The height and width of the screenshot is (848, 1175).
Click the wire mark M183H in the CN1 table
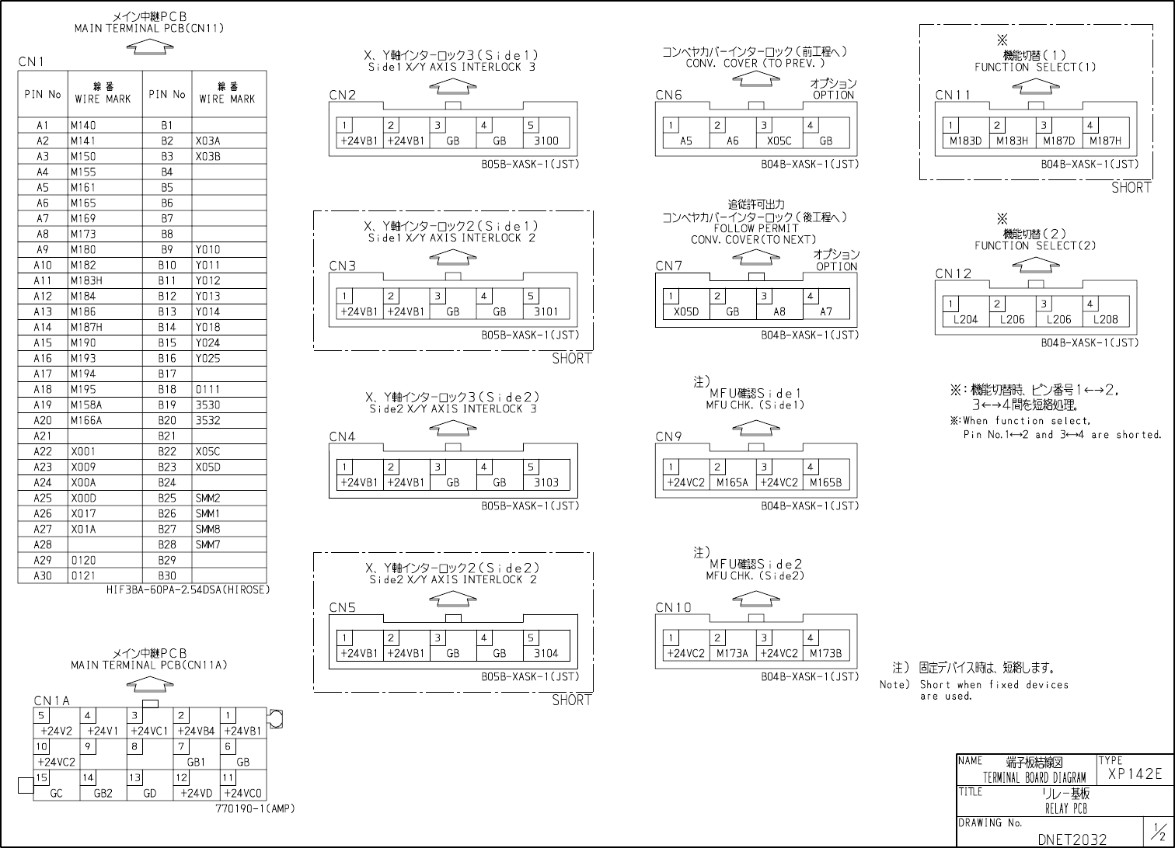pyautogui.click(x=86, y=280)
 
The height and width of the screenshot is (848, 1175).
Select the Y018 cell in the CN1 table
pyautogui.click(x=208, y=327)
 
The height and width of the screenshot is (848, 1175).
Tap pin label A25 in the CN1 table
pyautogui.click(x=43, y=498)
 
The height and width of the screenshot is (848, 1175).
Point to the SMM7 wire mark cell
pyautogui.click(x=208, y=544)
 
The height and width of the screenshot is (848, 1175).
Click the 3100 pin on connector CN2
pyautogui.click(x=546, y=141)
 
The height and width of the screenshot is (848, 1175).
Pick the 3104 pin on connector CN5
pyautogui.click(x=546, y=653)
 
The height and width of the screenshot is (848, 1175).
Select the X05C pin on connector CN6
pyautogui.click(x=779, y=141)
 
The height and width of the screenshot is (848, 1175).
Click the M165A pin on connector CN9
pyautogui.click(x=733, y=482)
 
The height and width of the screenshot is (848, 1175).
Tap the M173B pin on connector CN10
pyautogui.click(x=826, y=653)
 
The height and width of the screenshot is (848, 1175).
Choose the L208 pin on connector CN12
pyautogui.click(x=1106, y=319)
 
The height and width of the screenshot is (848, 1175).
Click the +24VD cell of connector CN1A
pyautogui.click(x=197, y=793)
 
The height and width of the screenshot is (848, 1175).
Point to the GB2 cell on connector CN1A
pyautogui.click(x=103, y=793)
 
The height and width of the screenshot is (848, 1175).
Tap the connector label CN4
pyautogui.click(x=342, y=436)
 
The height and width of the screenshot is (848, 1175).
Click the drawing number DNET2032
pyautogui.click(x=1072, y=839)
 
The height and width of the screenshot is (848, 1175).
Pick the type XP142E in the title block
pyautogui.click(x=1135, y=773)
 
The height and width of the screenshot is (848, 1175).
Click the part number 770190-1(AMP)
pyautogui.click(x=255, y=808)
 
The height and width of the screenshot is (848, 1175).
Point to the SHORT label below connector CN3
pyautogui.click(x=572, y=359)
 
